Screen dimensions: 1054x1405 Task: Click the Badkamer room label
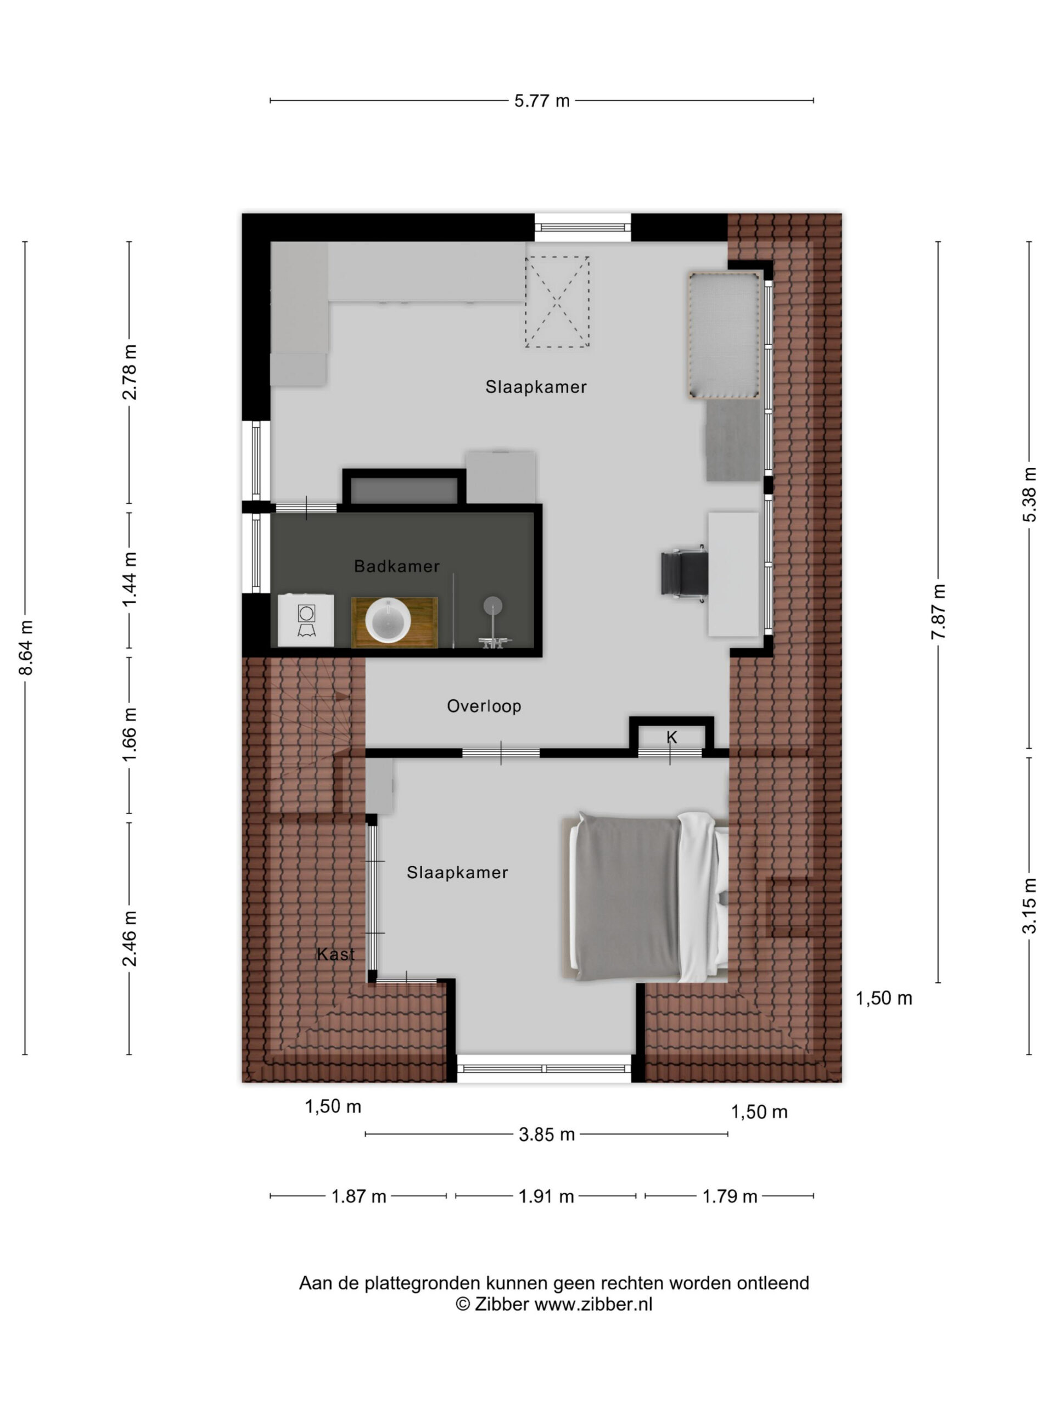click(x=396, y=566)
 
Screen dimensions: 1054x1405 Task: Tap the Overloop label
click(x=484, y=706)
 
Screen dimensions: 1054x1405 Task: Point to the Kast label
click(x=335, y=954)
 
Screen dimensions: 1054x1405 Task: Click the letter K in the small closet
click(x=671, y=738)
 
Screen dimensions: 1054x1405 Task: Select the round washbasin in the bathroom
click(x=388, y=621)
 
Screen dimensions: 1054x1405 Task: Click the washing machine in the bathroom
click(x=306, y=621)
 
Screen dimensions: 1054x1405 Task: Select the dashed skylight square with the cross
click(x=557, y=302)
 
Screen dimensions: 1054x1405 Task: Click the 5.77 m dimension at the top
click(x=541, y=101)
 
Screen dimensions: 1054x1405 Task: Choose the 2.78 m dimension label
click(x=130, y=372)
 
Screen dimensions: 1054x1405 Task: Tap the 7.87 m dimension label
click(x=938, y=612)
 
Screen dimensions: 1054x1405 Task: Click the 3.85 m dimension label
click(x=546, y=1134)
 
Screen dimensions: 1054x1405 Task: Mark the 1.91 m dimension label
click(x=546, y=1196)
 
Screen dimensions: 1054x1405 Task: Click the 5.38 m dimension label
click(x=1029, y=495)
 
